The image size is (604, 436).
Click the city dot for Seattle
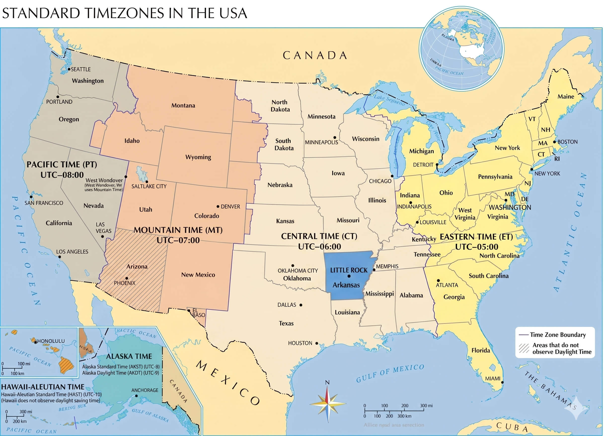pyautogui.click(x=69, y=69)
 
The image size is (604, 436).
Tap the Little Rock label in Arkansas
pyautogui.click(x=349, y=270)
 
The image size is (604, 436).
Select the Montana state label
pyautogui.click(x=183, y=106)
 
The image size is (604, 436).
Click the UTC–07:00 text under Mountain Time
pyautogui.click(x=178, y=240)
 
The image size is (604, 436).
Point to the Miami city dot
pyautogui.click(x=502, y=382)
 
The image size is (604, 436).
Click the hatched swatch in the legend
pyautogui.click(x=524, y=348)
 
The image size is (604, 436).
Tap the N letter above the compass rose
pyautogui.click(x=327, y=382)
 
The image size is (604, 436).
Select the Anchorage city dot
pyautogui.click(x=136, y=396)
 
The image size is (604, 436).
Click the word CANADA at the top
pyautogui.click(x=315, y=56)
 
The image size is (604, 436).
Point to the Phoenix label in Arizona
pyautogui.click(x=125, y=283)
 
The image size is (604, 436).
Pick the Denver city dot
pyautogui.click(x=218, y=206)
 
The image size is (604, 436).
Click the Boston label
pyautogui.click(x=567, y=142)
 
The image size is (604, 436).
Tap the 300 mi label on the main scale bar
pyautogui.click(x=426, y=406)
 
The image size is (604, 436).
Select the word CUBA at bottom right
pyautogui.click(x=512, y=427)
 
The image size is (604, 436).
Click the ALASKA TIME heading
pyautogui.click(x=129, y=356)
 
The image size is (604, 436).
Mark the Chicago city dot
pyautogui.click(x=392, y=176)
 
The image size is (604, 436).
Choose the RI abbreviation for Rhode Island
pyautogui.click(x=557, y=159)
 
